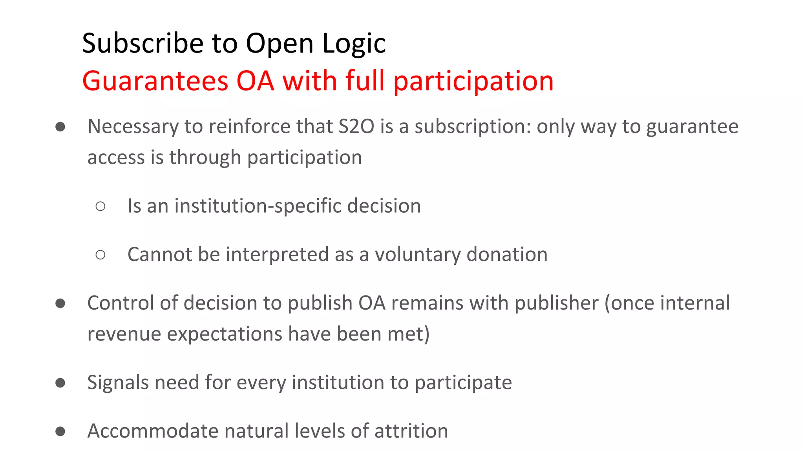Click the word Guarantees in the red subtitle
coord(155,81)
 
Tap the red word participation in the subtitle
coord(473,81)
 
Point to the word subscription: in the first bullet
coord(473,127)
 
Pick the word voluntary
coord(417,255)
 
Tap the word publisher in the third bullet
coord(556,303)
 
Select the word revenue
coord(124,334)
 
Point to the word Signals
coord(118,383)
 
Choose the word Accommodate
coord(152,431)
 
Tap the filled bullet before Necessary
coord(60,127)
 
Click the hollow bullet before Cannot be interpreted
coord(100,255)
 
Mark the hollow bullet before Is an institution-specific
coord(100,206)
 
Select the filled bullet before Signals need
coord(60,383)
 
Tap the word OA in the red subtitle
coord(255,81)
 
